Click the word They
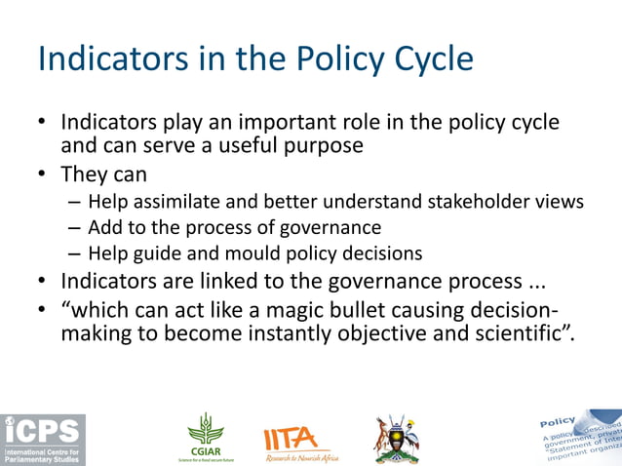(x=88, y=175)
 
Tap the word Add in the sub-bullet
(x=104, y=228)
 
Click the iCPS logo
(x=43, y=439)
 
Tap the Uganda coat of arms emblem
(x=396, y=438)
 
